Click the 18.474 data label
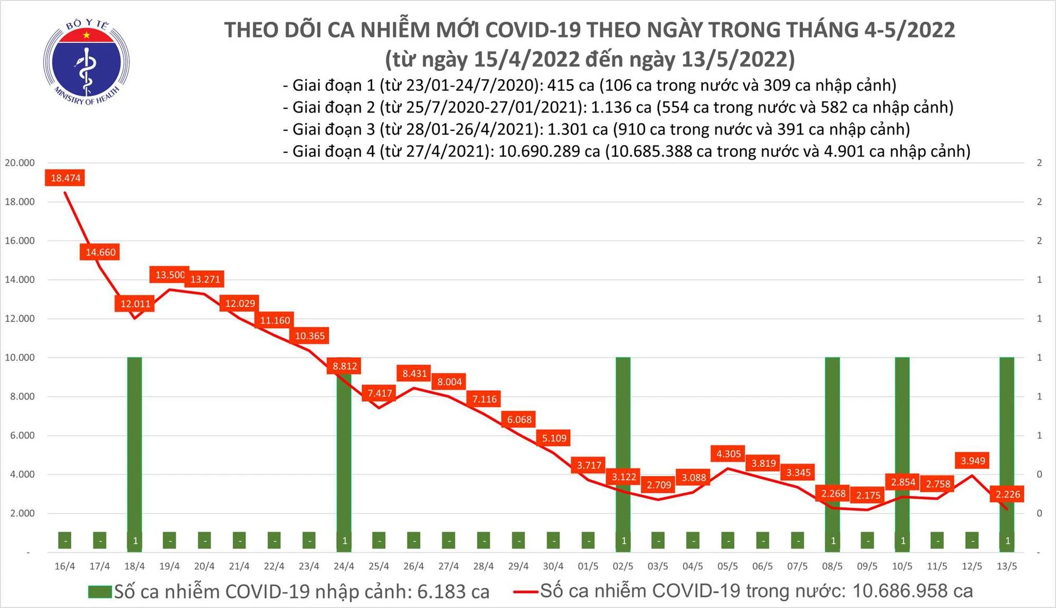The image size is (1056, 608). pos(65,178)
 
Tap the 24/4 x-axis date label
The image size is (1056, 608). pos(344,566)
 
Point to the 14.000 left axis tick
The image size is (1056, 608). pos(20,280)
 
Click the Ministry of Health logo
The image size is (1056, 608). pos(86,62)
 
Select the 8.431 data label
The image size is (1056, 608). pos(414,374)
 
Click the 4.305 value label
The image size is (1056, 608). pos(729,453)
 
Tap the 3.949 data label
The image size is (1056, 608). pos(973,461)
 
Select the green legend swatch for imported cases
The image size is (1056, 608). pos(100,592)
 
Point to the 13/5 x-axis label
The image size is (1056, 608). pos(1006,566)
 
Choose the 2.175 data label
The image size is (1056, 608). pos(868,495)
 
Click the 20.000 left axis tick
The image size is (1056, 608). pos(20,163)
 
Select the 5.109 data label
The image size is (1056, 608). pos(554,438)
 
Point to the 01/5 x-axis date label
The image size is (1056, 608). pos(588,566)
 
